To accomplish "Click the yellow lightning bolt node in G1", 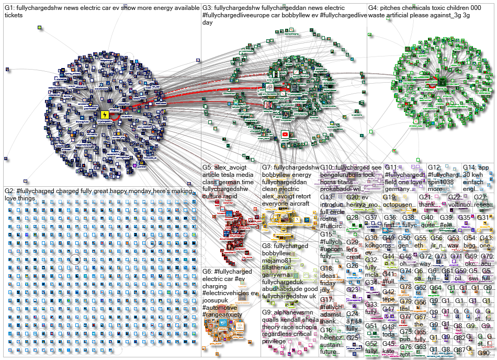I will tap(104, 115).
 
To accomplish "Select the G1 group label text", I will tap(9, 8).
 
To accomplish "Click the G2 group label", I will tap(9, 190).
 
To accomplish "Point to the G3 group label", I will tap(208, 8).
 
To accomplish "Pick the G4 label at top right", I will tap(374, 8).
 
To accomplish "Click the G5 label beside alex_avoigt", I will tap(208, 167).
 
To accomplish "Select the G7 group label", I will tap(267, 167).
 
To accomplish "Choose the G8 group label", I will tap(267, 246).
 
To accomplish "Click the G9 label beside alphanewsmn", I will tap(267, 312).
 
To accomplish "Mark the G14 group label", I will tap(469, 167).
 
